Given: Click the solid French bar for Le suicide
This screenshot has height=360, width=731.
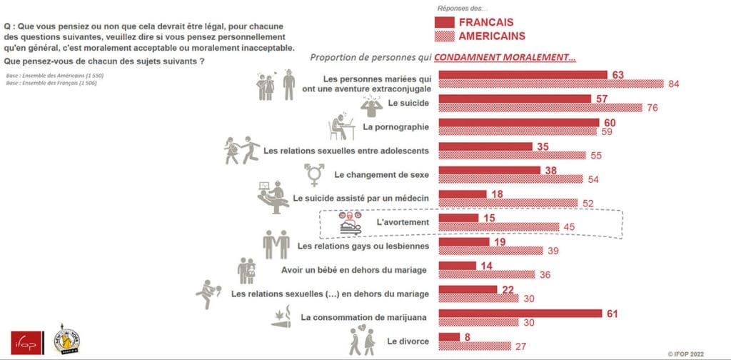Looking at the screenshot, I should pos(514,99).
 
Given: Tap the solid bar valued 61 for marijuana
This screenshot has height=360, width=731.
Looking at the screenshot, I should pos(522,313).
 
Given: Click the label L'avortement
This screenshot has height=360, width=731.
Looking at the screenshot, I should pos(403,223).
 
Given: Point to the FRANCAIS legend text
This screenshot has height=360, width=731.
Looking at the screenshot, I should pos(485,22).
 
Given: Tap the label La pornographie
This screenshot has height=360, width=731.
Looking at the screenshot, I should pos(395,127).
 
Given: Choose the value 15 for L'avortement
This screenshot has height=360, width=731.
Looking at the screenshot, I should pos(490,217).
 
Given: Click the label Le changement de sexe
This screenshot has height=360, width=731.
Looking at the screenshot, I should pos(381,174).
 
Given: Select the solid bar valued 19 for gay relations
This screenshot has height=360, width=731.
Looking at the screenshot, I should pos(463,241).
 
